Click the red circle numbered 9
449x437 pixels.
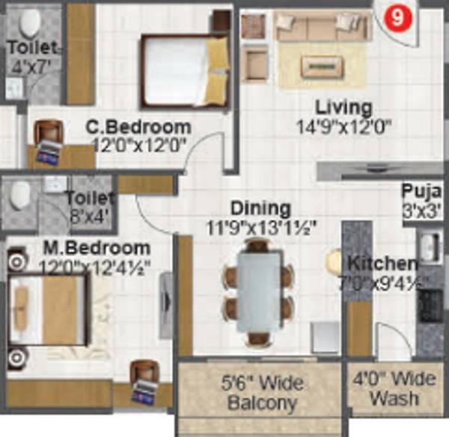(390, 17)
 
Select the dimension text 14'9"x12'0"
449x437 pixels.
(343, 126)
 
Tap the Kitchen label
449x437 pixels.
(382, 264)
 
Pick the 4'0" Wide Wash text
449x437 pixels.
(394, 388)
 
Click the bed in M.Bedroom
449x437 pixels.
(49, 309)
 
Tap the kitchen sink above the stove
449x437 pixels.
(430, 247)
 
